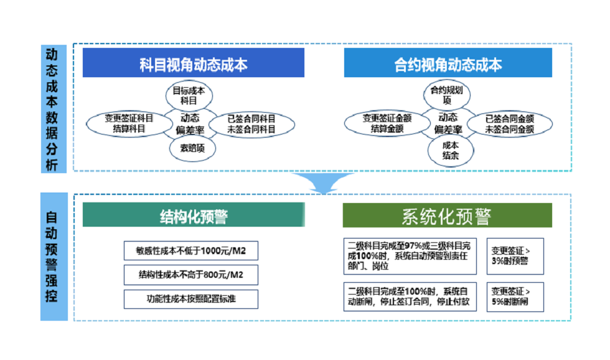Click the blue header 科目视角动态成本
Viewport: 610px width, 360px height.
pyautogui.click(x=194, y=64)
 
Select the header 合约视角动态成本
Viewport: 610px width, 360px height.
pyautogui.click(x=448, y=64)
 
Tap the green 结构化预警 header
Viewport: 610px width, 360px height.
pyautogui.click(x=194, y=216)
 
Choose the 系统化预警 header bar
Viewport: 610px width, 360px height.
pyautogui.click(x=447, y=216)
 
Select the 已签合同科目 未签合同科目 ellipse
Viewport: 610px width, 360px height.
pyautogui.click(x=251, y=123)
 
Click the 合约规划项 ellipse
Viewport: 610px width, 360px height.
pyautogui.click(x=447, y=95)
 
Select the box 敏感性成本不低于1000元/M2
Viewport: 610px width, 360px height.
pyautogui.click(x=190, y=250)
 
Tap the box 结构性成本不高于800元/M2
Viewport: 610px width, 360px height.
pyautogui.click(x=190, y=275)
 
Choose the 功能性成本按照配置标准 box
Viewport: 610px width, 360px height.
pyautogui.click(x=190, y=299)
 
